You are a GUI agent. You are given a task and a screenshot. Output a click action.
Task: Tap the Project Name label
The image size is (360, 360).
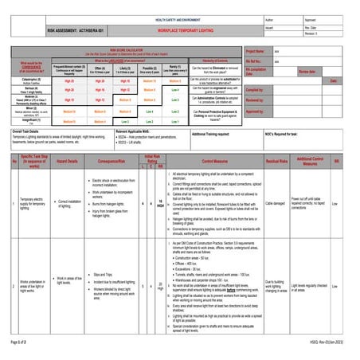click(256, 50)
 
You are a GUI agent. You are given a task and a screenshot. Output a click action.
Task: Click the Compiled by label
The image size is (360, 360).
click(255, 90)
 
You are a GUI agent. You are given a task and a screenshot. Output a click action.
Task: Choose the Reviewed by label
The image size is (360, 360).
click(255, 100)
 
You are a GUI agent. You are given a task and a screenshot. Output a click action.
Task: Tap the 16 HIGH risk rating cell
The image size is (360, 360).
click(159, 203)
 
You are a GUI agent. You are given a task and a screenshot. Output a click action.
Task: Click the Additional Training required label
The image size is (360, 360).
click(214, 135)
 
